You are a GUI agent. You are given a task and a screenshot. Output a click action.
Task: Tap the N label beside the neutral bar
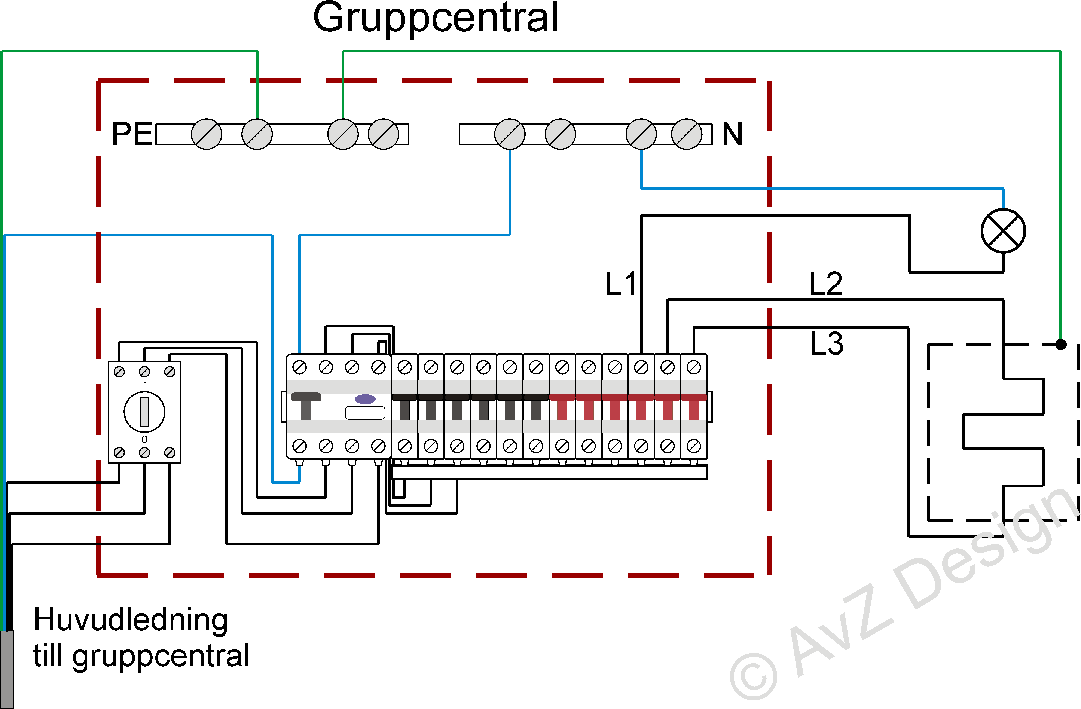tap(732, 134)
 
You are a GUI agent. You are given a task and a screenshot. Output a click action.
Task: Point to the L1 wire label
tap(620, 284)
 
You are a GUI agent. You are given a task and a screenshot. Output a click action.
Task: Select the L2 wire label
tap(826, 284)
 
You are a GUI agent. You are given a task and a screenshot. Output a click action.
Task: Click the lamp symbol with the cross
tap(1003, 231)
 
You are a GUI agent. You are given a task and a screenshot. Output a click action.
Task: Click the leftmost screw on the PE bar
tap(207, 134)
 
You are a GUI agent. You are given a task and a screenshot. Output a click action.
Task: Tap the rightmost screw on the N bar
tap(686, 134)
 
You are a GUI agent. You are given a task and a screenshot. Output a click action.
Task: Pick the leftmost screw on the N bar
tap(510, 134)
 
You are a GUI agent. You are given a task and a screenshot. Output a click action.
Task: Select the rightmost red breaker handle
tap(694, 407)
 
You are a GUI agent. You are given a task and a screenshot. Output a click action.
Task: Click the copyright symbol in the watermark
tap(754, 677)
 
